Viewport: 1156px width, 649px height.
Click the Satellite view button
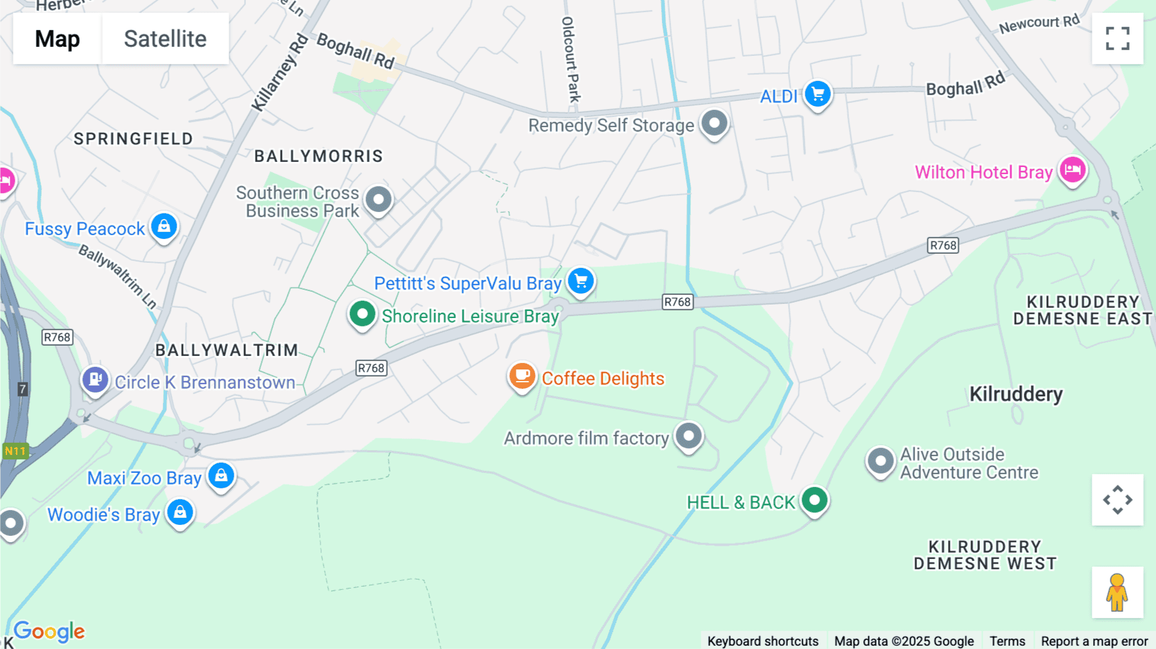click(x=165, y=39)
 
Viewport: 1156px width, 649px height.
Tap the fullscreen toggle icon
click(x=1117, y=39)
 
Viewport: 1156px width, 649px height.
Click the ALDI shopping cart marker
click(x=818, y=94)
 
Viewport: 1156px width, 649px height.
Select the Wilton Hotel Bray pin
click(x=1072, y=170)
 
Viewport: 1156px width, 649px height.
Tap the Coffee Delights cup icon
click(x=522, y=376)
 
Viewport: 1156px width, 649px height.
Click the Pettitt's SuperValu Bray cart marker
click(x=581, y=281)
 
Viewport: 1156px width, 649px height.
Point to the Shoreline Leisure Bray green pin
click(x=362, y=314)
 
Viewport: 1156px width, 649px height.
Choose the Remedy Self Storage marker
click(x=714, y=123)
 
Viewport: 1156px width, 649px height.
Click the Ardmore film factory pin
click(x=688, y=436)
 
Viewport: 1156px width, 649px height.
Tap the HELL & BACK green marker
click(x=814, y=500)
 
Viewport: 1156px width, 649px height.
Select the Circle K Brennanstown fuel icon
click(x=95, y=380)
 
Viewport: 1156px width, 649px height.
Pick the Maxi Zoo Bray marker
click(x=221, y=476)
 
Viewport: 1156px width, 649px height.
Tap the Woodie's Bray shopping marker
click(x=180, y=513)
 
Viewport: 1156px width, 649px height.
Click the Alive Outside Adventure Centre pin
click(x=880, y=461)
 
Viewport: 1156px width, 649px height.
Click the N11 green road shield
click(x=15, y=451)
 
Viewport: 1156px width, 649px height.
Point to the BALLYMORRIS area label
click(x=319, y=156)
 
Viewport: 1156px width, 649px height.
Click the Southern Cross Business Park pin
click(x=378, y=200)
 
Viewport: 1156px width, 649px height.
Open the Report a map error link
click(x=1094, y=641)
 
